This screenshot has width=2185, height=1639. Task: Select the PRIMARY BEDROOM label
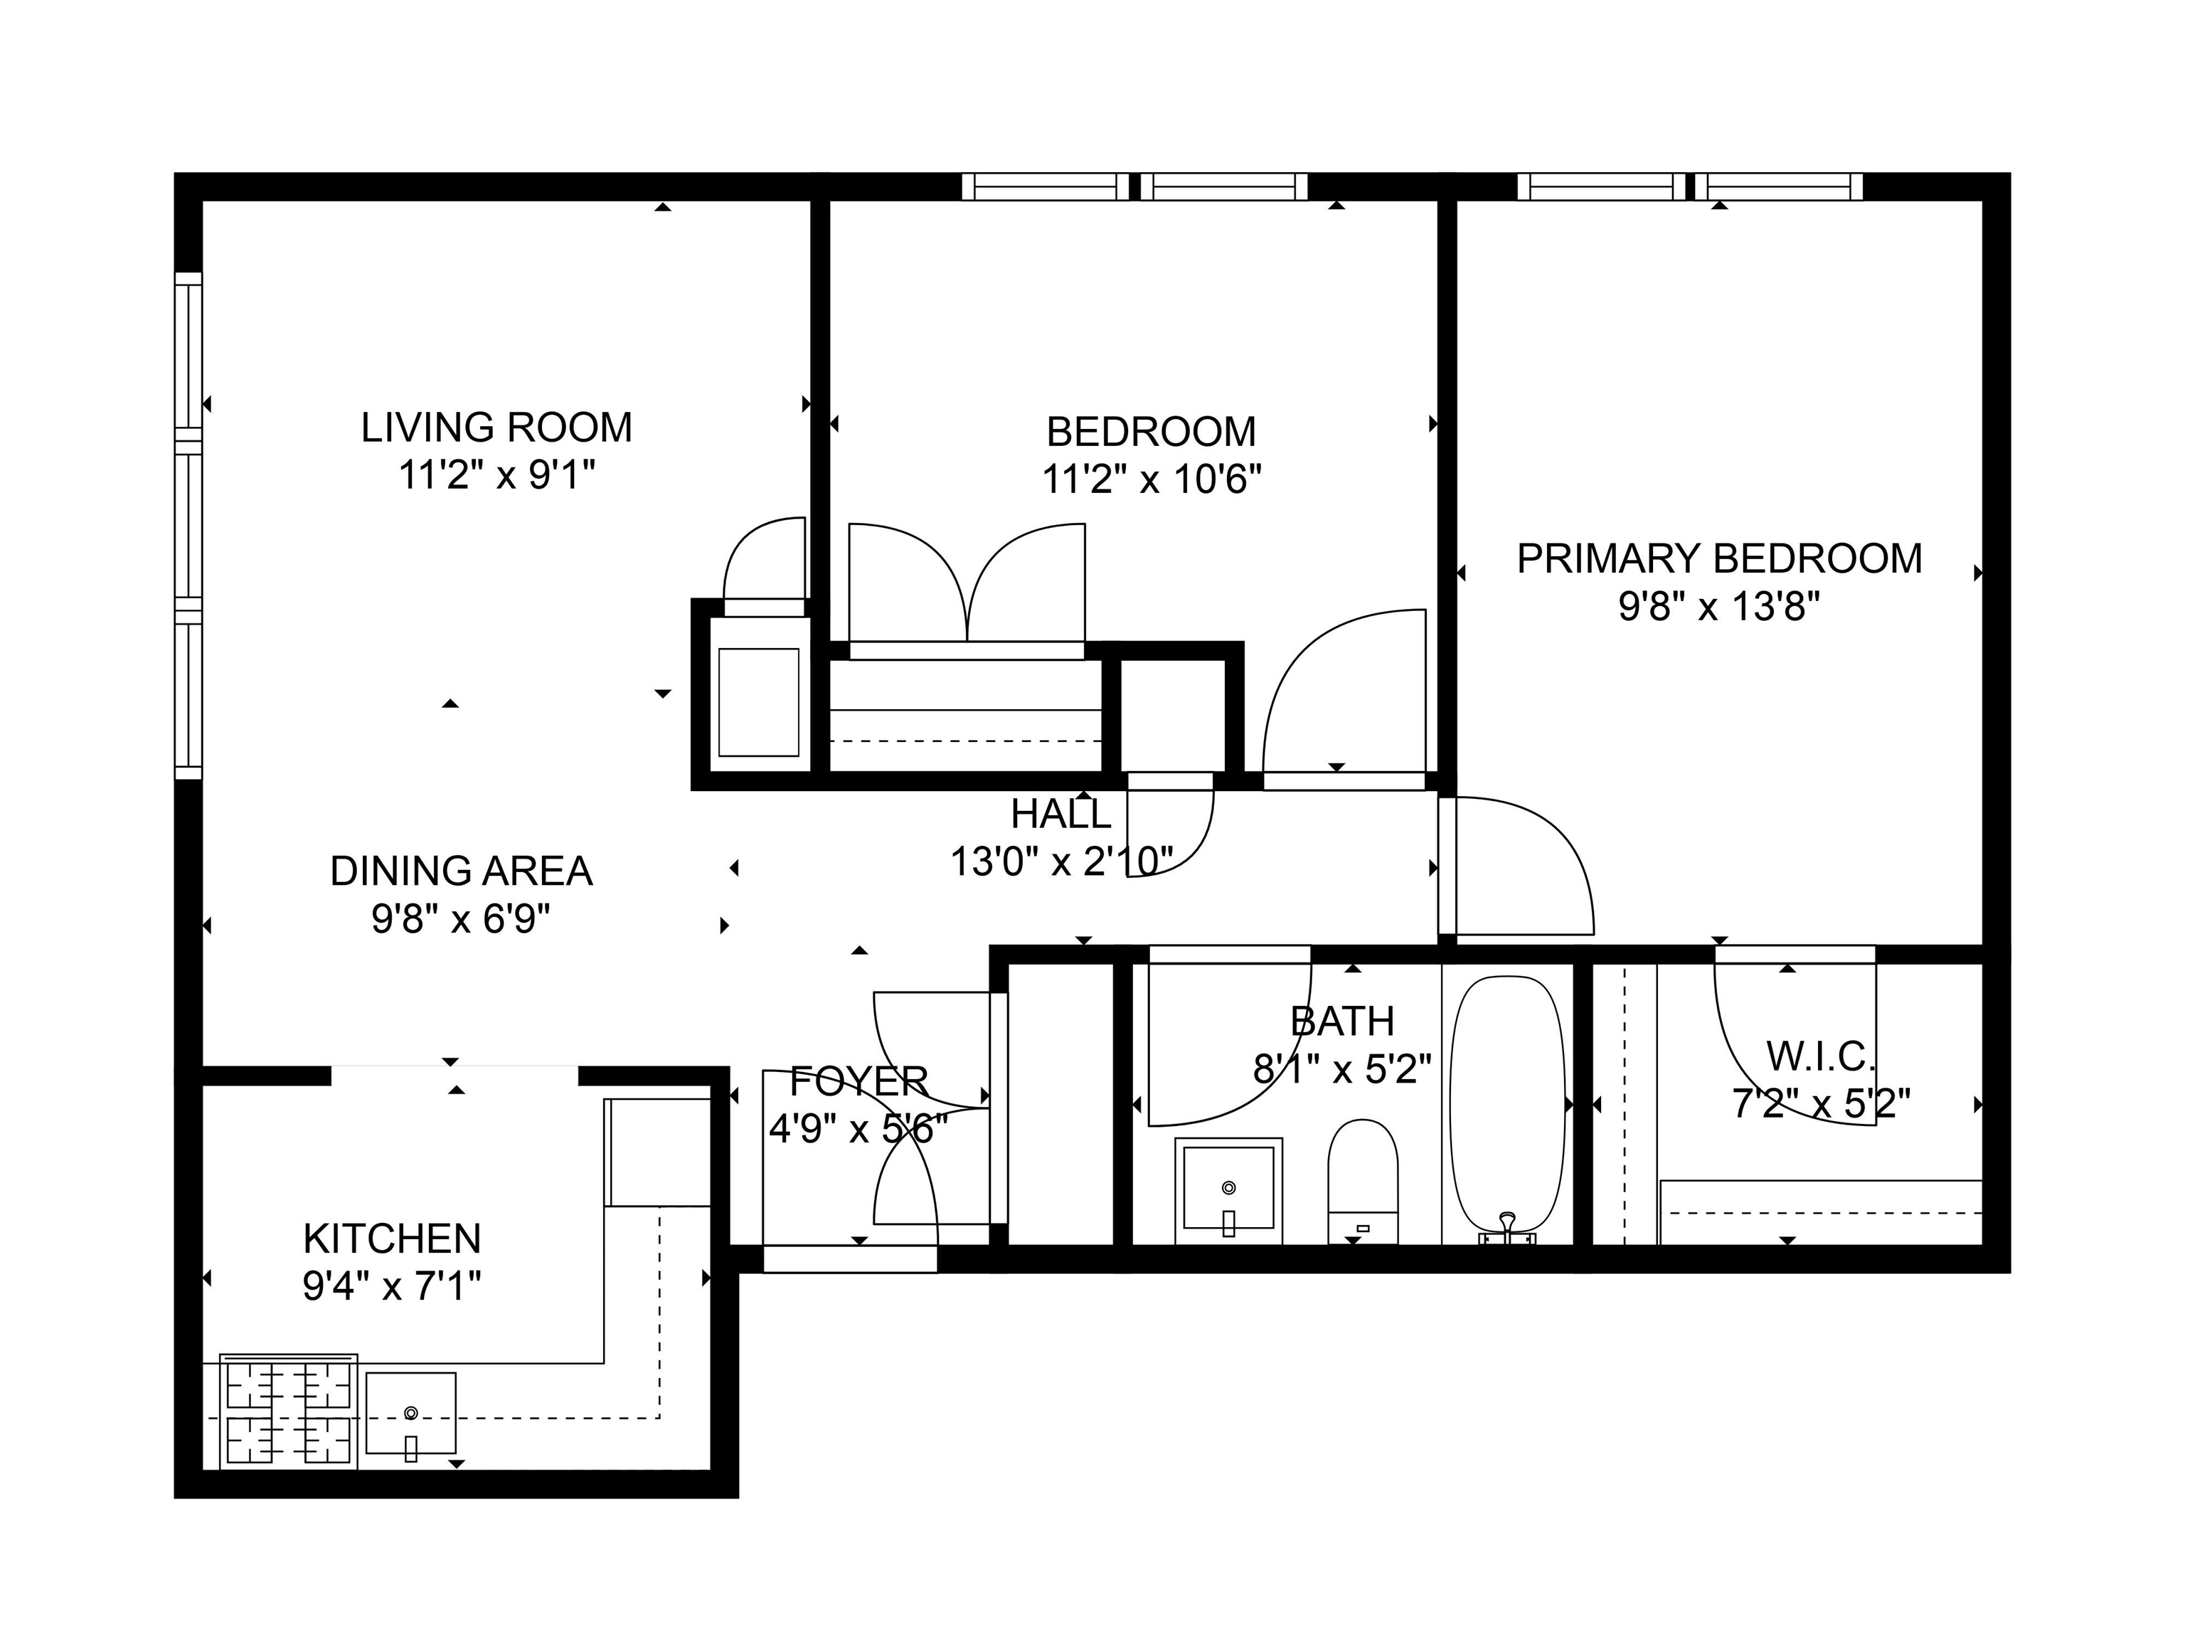click(x=1718, y=559)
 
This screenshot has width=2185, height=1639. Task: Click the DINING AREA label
click(x=462, y=871)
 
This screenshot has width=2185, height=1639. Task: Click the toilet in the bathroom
click(x=1363, y=1182)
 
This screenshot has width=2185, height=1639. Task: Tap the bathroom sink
click(x=1229, y=1190)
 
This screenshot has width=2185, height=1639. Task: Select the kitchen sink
click(x=411, y=1413)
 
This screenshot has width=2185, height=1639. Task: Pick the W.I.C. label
click(x=1822, y=1057)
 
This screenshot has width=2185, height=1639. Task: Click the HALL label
click(x=1061, y=814)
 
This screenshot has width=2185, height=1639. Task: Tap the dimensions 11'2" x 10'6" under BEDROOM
click(x=1152, y=480)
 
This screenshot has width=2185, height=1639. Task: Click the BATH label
click(x=1342, y=1022)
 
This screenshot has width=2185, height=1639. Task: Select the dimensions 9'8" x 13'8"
click(x=1718, y=607)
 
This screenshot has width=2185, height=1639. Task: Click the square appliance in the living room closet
click(x=759, y=702)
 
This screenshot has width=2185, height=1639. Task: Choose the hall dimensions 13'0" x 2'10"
click(x=1061, y=861)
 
